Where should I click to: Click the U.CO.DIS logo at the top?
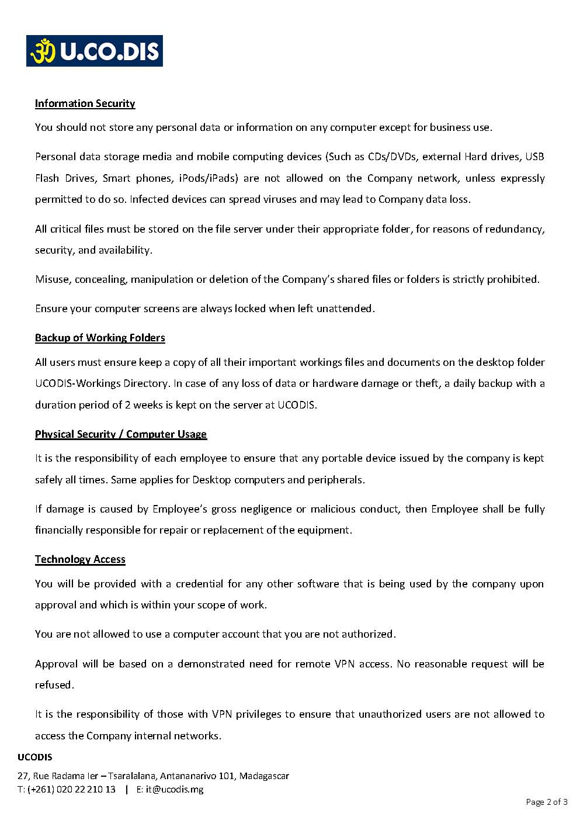(94, 51)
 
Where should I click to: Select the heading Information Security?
(85, 103)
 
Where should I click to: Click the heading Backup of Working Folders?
(100, 338)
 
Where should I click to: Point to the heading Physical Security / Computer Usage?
(121, 434)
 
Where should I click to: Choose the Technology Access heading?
(80, 559)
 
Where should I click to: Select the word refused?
(54, 685)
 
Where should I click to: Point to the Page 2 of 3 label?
(547, 802)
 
